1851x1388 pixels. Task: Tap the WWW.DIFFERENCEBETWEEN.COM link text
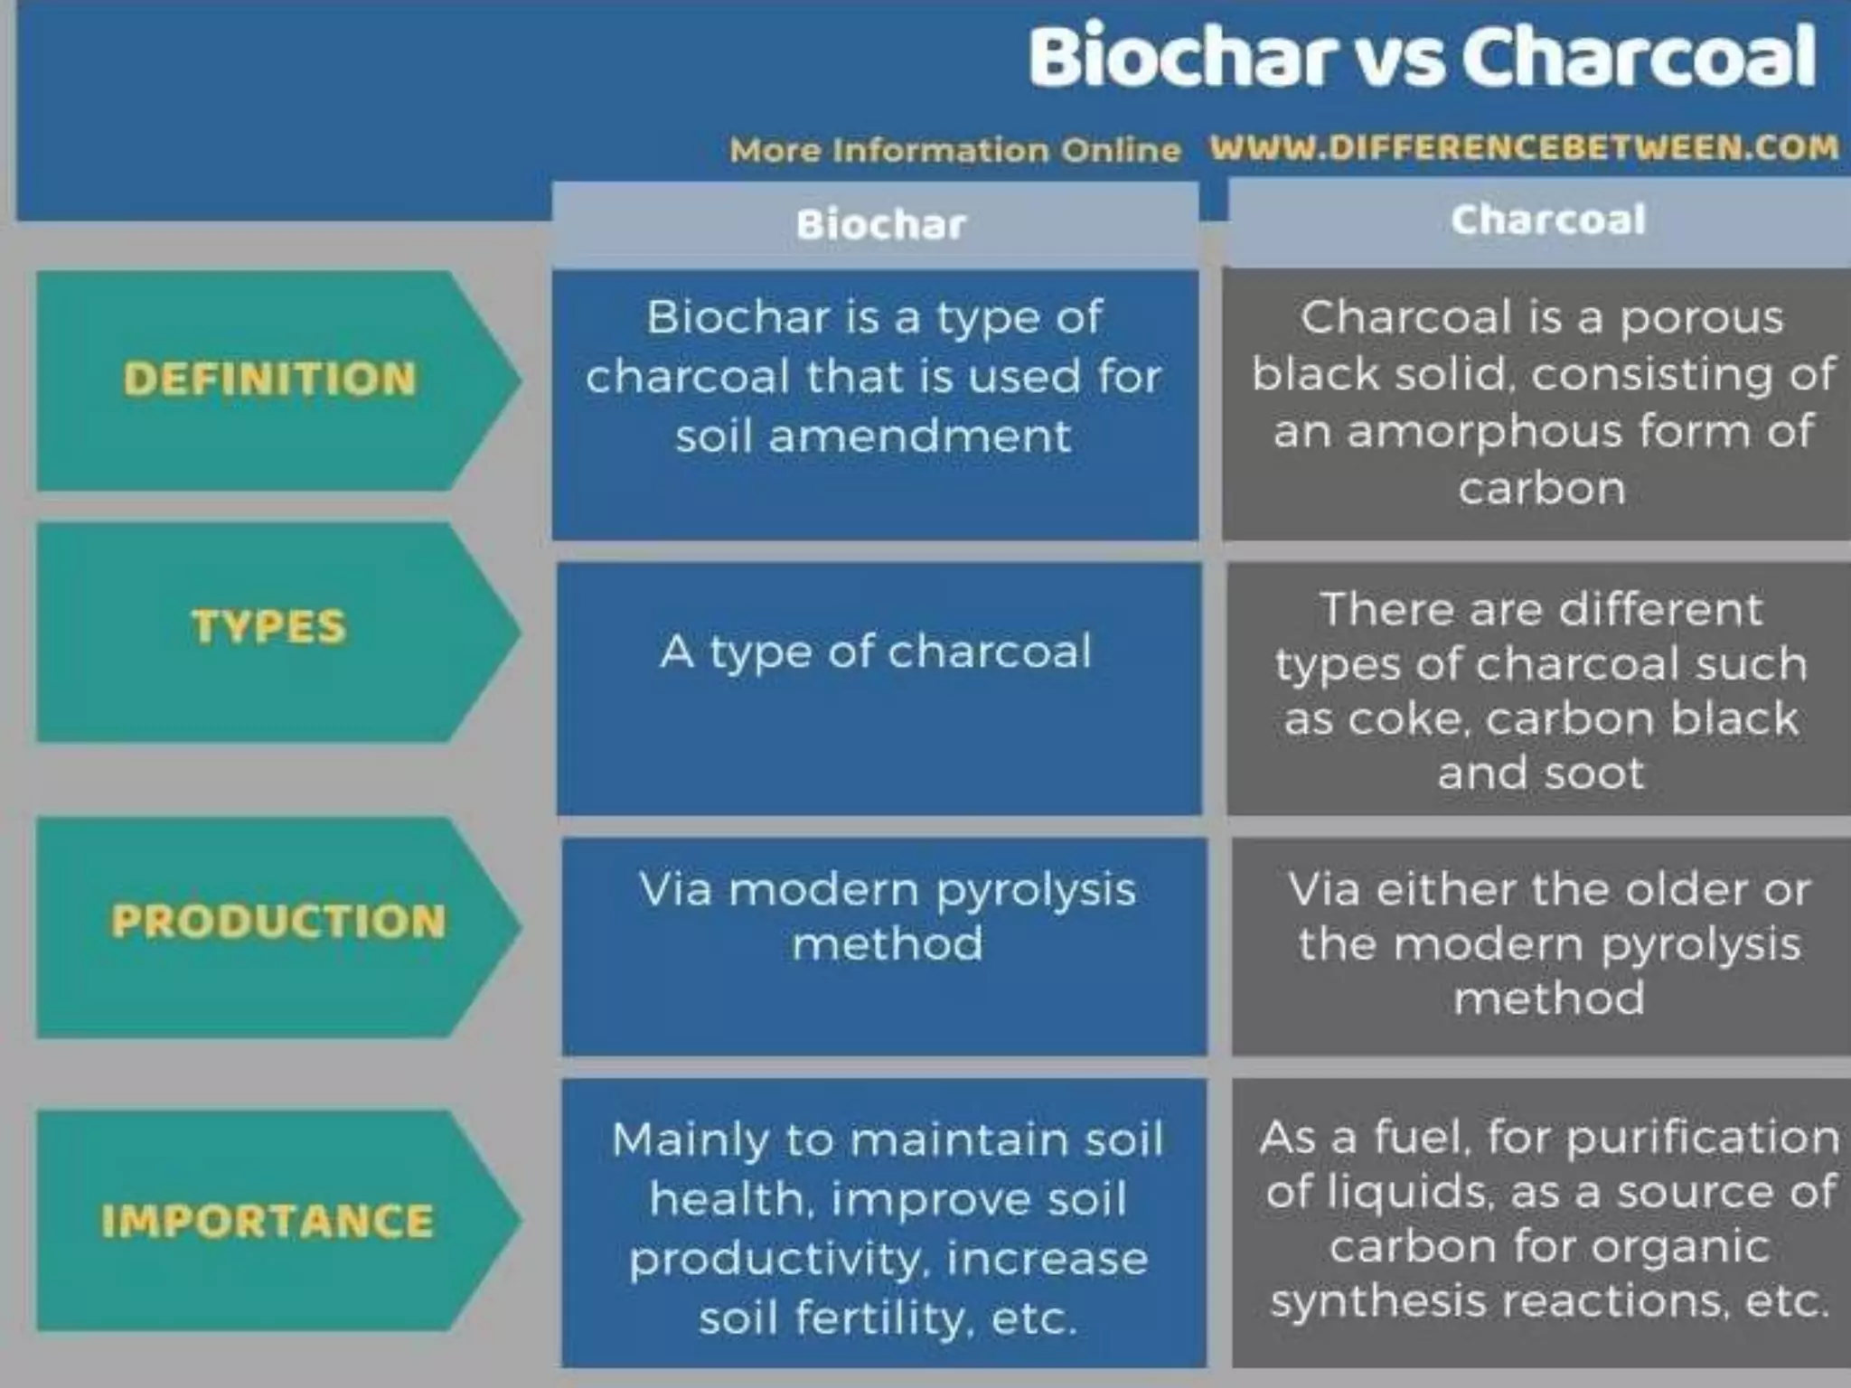point(1524,147)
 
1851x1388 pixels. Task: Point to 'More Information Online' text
point(954,150)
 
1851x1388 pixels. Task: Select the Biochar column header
point(880,225)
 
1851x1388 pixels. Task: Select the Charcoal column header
point(1547,220)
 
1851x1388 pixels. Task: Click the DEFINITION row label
point(269,379)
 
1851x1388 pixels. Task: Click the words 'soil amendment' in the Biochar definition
point(873,436)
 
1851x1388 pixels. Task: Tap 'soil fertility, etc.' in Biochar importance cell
point(888,1318)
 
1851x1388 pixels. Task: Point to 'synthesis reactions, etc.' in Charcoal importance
point(1549,1301)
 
